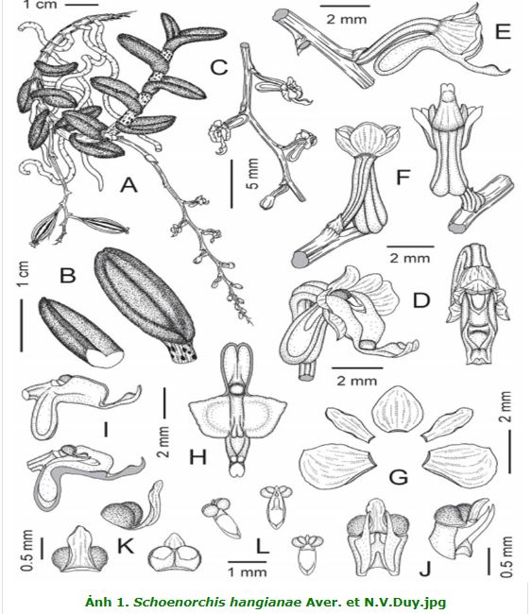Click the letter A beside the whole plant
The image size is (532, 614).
click(129, 185)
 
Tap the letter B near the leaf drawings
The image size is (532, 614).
click(68, 275)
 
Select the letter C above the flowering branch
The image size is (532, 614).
click(218, 67)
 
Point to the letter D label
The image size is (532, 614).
click(421, 300)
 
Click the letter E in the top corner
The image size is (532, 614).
click(503, 32)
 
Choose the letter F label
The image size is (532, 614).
click(403, 177)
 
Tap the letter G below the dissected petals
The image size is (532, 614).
click(399, 477)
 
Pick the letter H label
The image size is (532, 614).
click(197, 456)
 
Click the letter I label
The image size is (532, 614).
click(106, 429)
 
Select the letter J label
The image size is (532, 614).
click(425, 569)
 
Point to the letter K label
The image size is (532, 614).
click(126, 545)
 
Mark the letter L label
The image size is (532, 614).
click(262, 546)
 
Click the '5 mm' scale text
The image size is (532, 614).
click(253, 174)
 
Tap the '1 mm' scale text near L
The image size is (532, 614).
click(248, 572)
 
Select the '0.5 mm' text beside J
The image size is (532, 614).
click(506, 556)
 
